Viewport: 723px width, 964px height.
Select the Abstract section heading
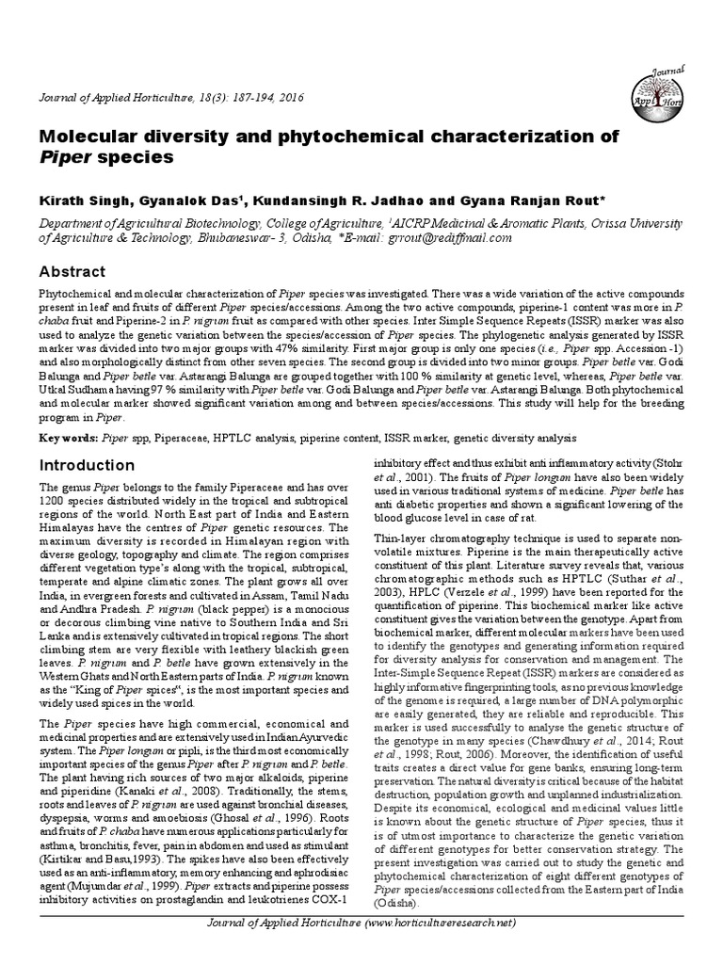tap(71, 270)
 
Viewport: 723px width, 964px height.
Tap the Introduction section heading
tap(86, 465)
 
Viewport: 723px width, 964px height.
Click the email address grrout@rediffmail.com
tap(450, 238)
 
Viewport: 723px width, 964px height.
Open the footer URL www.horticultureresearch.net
tap(438, 924)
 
